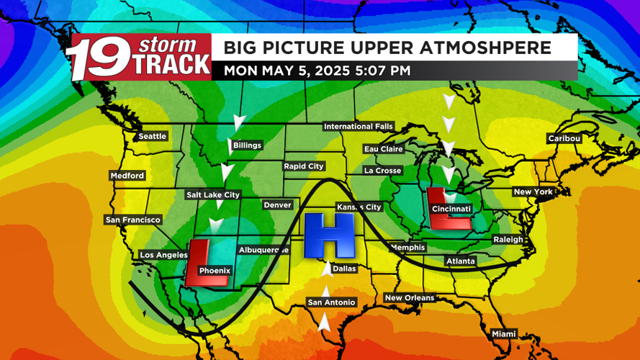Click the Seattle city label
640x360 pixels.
[x=152, y=136]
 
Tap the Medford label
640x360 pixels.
[x=127, y=176]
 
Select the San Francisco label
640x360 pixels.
[x=132, y=220]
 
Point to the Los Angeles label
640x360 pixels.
[x=163, y=255]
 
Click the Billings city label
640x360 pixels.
[x=247, y=145]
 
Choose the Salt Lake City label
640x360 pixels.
[x=212, y=194]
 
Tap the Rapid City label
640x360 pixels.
[x=304, y=166]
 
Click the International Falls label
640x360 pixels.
[x=358, y=127]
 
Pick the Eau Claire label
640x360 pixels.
[x=384, y=149]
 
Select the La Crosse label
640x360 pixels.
[x=382, y=171]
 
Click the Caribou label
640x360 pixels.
[x=564, y=138]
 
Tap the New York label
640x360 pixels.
[x=533, y=192]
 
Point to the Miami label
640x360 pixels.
[x=504, y=334]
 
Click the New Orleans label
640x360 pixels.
[x=409, y=298]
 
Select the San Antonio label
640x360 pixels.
[x=331, y=302]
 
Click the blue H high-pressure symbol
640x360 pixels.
[x=329, y=235]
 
